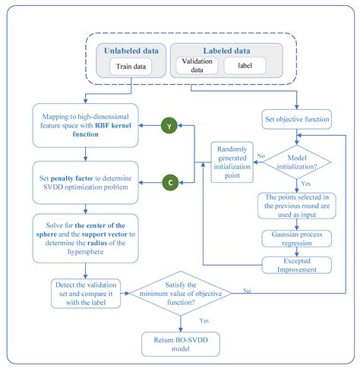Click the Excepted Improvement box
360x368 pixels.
pos(296,265)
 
